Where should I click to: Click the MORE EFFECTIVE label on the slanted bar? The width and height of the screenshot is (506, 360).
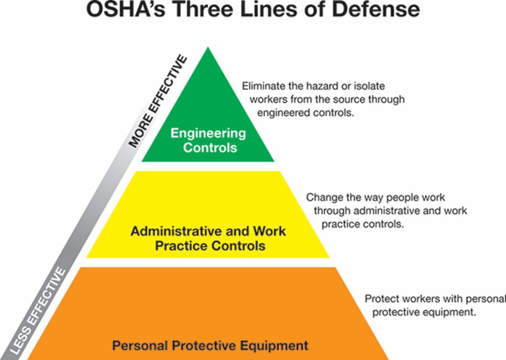(159, 102)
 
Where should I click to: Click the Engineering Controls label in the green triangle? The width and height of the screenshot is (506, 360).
(208, 140)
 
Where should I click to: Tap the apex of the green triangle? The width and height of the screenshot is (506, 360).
(208, 49)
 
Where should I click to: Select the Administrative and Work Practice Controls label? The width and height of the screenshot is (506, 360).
(208, 238)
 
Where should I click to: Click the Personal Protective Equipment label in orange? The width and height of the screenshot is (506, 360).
(210, 345)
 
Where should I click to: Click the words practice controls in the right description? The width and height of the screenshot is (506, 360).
(363, 224)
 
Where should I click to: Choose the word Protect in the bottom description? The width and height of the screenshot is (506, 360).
(380, 299)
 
